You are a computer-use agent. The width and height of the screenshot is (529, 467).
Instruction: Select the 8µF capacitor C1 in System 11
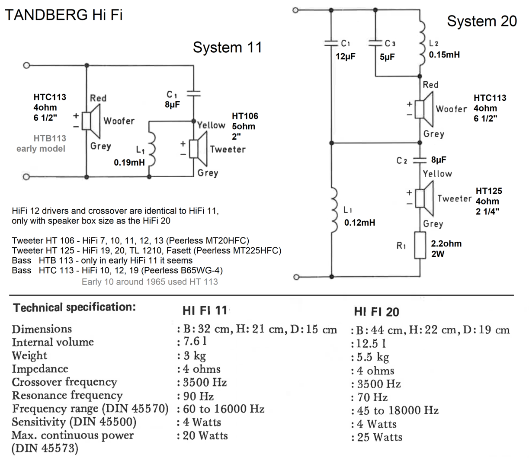point(193,93)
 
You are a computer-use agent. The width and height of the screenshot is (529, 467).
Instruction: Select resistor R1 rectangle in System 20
point(420,246)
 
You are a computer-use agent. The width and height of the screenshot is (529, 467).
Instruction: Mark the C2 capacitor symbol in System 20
point(420,160)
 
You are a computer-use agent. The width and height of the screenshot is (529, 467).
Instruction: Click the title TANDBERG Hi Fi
point(63,15)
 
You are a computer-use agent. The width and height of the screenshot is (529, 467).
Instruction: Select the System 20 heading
point(482,21)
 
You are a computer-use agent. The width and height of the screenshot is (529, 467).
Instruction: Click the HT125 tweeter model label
point(489,191)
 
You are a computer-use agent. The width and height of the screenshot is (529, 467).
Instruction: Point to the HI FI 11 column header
point(205,310)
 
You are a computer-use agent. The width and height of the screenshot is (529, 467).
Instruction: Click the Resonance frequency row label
point(67,396)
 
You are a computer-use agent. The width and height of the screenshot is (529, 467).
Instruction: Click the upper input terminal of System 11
point(26,66)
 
